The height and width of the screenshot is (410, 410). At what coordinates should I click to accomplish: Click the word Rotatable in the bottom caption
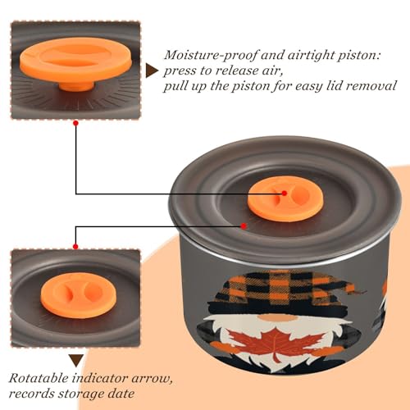(x=39, y=379)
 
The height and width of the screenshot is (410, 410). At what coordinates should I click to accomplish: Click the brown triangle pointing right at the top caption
(x=152, y=71)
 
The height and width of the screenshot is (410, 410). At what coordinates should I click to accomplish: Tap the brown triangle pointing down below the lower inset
(x=76, y=361)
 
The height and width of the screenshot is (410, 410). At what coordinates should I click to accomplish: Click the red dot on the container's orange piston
(x=285, y=194)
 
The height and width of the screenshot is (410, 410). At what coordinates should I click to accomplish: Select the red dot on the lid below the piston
(x=244, y=226)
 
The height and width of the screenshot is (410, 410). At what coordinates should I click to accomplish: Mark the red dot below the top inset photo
(x=76, y=123)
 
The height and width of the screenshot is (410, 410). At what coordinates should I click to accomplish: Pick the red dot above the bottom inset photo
(x=75, y=247)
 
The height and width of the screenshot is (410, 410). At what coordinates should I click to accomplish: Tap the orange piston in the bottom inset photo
(x=79, y=295)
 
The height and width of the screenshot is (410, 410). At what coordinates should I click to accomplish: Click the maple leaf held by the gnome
(x=276, y=344)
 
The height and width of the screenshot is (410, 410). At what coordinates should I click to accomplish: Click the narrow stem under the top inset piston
(x=76, y=87)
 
